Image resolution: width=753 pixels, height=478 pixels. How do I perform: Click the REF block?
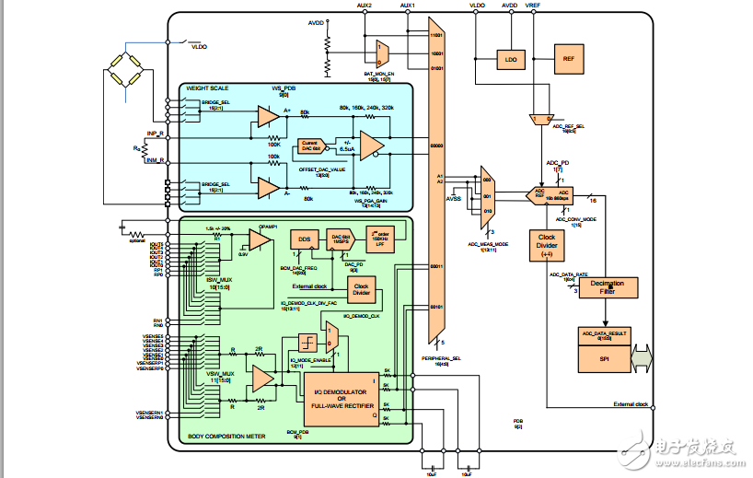[568, 58]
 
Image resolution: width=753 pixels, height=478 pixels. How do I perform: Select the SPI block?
[604, 358]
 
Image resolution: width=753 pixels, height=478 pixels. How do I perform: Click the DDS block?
[304, 239]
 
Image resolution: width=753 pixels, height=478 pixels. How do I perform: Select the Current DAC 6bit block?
[308, 146]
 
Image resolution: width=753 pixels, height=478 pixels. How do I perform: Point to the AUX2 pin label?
[364, 5]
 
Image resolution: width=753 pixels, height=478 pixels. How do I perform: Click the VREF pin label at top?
[532, 5]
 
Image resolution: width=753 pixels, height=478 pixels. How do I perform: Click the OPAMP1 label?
[270, 223]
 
